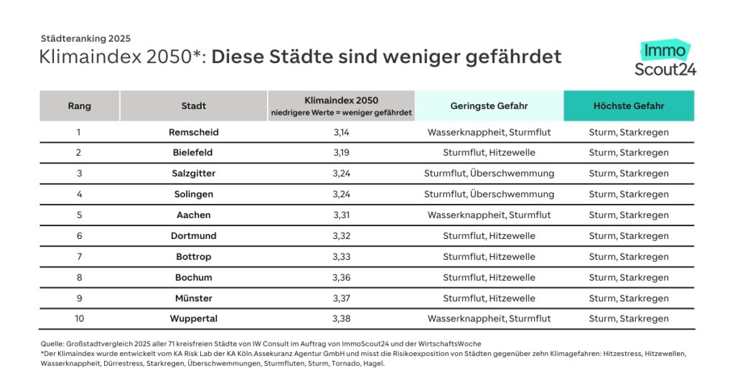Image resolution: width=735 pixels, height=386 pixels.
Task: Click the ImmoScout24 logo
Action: pos(665,59)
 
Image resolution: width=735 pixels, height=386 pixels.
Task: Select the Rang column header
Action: pos(79,105)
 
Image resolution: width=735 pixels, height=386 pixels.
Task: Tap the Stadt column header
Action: pos(193,105)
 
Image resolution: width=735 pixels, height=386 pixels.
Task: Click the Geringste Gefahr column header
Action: pos(489,105)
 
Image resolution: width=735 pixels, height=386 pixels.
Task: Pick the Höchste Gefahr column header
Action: pos(629,105)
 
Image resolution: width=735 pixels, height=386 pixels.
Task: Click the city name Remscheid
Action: pos(193,132)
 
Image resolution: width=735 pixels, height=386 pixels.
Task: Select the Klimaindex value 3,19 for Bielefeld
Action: pos(341,153)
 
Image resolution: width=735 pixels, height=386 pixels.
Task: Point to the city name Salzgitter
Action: pos(193,174)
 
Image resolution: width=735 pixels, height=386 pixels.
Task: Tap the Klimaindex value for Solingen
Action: pos(341,194)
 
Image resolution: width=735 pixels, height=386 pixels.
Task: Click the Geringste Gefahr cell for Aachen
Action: pos(489,215)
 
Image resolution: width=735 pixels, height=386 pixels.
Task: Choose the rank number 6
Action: pos(79,236)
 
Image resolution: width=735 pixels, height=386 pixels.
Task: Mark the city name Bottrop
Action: pos(193,257)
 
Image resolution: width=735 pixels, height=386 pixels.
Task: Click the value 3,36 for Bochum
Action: pos(341,278)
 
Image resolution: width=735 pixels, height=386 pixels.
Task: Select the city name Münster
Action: pos(193,298)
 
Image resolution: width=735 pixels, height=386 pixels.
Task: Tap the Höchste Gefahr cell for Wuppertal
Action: pos(629,319)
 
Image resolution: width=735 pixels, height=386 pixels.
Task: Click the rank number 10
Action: pos(79,319)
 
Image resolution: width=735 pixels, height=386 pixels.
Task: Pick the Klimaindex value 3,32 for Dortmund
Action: pos(341,236)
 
